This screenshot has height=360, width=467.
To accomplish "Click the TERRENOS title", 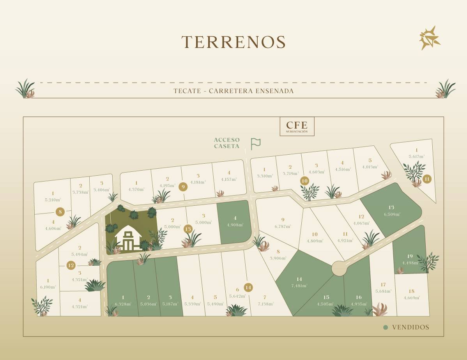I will pos(233,42).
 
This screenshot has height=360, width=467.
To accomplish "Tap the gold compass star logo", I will pos(430,38).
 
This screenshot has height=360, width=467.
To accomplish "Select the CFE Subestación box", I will pos(297,126).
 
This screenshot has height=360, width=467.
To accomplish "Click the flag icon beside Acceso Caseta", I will pos(256,144).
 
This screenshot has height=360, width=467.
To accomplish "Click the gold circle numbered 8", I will pos(60,212).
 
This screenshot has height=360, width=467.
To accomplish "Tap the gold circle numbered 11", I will pos(427,179).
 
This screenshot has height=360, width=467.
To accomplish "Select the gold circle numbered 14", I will pos(248,288).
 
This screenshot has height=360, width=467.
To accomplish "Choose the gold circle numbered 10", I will pos(305,181).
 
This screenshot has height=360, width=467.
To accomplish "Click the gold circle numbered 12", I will pos(71,265).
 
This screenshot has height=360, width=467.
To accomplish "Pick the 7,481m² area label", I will pos(299,286).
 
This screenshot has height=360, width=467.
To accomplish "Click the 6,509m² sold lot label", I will pos(391,214).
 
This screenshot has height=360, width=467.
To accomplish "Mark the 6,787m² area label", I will pos(283,226).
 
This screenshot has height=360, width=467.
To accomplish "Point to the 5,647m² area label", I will pos(416,157).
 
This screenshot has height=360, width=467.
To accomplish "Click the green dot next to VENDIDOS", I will pos(386,327).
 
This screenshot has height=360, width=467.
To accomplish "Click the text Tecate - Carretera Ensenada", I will pos(233,91).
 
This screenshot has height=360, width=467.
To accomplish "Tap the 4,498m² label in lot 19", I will pos(410,263).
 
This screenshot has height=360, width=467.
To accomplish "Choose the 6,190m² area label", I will pos(48,287).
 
